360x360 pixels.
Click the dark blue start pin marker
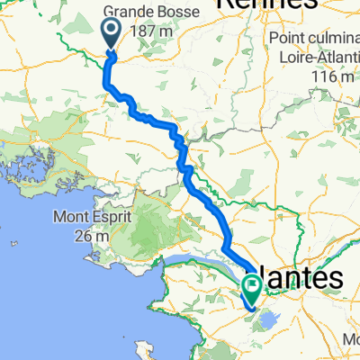pos(112,36)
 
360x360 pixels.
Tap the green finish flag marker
pos(251,289)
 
